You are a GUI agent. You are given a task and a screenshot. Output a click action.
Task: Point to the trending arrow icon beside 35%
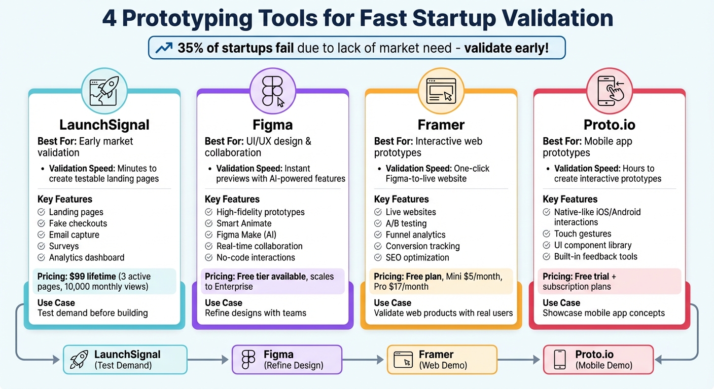click(x=164, y=48)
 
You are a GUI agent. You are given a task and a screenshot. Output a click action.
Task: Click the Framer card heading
click(x=441, y=125)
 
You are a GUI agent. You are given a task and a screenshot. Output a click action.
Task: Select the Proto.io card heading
click(x=609, y=125)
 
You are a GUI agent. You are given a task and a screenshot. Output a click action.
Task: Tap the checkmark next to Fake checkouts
click(x=42, y=223)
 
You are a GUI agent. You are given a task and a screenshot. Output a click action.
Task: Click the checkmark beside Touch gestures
click(x=547, y=234)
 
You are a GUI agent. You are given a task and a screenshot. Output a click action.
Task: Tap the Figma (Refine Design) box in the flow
click(x=287, y=360)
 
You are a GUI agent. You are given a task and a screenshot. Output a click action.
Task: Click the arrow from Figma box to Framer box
click(x=364, y=360)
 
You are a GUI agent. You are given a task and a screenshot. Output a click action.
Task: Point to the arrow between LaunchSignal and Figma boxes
click(x=209, y=360)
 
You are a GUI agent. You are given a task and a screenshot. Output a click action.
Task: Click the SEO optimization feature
click(x=417, y=257)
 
